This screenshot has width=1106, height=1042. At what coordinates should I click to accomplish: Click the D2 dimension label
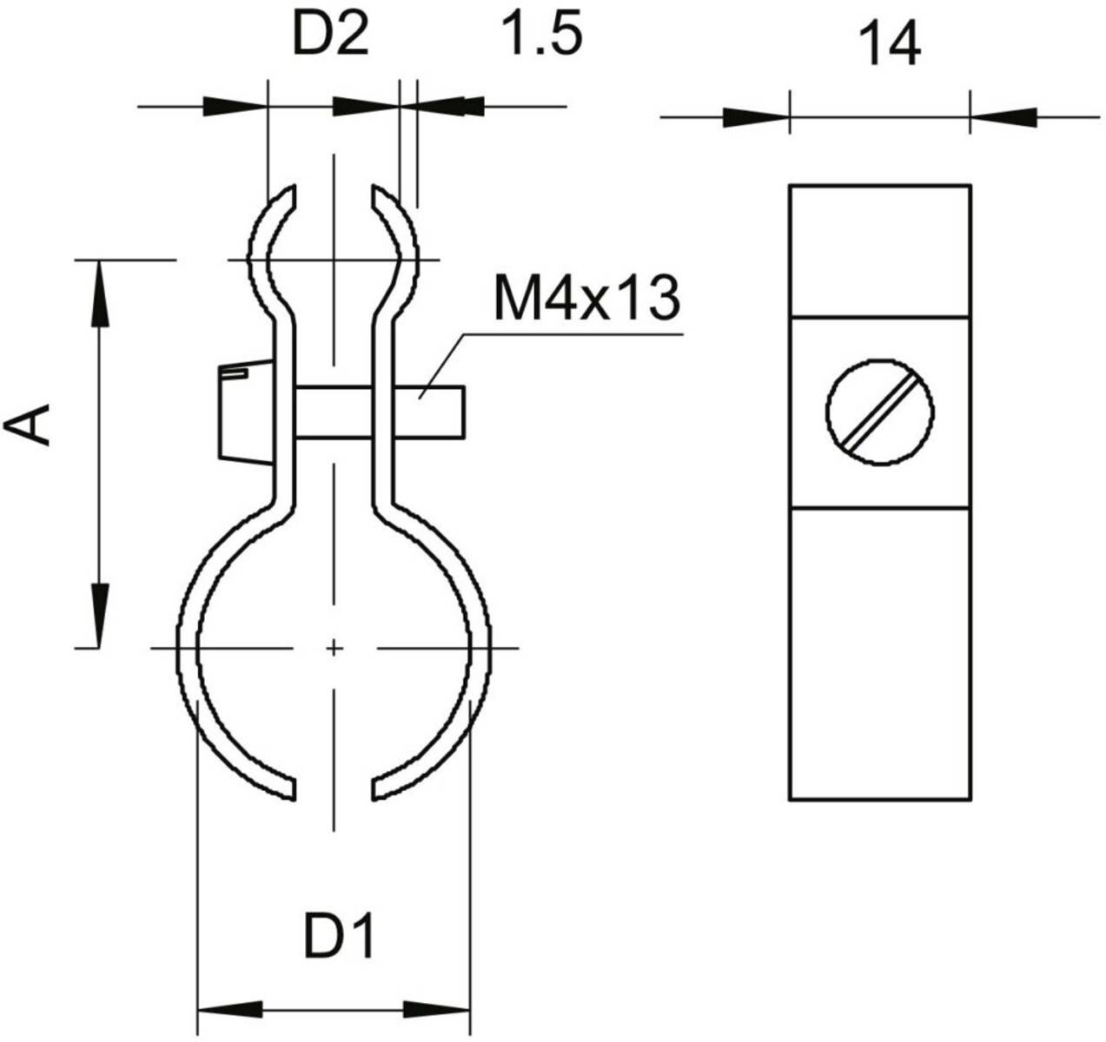click(x=328, y=37)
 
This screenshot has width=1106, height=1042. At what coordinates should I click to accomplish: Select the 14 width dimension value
click(x=890, y=45)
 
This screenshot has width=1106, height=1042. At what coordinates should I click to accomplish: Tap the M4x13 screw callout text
click(x=584, y=298)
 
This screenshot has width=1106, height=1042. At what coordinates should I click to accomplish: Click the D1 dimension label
click(x=339, y=938)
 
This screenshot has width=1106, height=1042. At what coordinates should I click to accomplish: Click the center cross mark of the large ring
click(x=332, y=648)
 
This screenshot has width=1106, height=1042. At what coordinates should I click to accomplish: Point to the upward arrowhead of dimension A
click(x=100, y=293)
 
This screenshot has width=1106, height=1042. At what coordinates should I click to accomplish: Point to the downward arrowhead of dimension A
click(x=100, y=615)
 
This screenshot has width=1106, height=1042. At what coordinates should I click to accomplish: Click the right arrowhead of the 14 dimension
click(x=1003, y=116)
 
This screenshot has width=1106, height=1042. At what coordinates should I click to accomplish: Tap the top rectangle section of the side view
click(x=879, y=250)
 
